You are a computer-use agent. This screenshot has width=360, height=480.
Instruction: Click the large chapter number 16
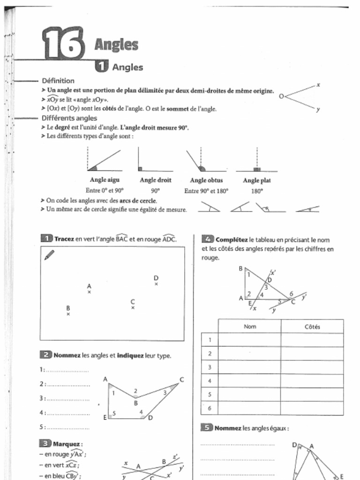63,44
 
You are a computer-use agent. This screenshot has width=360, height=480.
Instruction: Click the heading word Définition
58,81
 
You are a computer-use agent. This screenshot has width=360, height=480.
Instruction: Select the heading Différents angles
69,118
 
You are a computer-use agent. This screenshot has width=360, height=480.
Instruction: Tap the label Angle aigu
105,180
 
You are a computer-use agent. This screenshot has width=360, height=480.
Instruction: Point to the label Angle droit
156,180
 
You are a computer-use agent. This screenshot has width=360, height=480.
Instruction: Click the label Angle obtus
206,180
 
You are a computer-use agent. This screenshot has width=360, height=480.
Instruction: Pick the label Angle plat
257,180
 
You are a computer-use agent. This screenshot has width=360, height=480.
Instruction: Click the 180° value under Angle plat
257,191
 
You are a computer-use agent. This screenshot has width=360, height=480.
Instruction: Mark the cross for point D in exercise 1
156,284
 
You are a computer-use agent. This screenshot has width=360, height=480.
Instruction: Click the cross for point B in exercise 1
68,314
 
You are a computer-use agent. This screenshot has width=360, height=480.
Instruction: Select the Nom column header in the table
250,327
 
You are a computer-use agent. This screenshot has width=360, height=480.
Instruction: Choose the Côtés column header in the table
312,327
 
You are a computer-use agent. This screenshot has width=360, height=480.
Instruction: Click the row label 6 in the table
210,408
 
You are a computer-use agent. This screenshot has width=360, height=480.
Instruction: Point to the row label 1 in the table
210,340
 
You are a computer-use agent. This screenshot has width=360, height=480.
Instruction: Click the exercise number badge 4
208,239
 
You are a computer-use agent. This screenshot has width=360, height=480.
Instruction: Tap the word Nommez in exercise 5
228,428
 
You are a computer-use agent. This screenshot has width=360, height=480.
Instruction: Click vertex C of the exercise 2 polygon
181,380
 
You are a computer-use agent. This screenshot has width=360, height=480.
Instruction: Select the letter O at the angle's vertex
281,96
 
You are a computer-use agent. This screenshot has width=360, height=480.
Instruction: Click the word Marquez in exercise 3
67,443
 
